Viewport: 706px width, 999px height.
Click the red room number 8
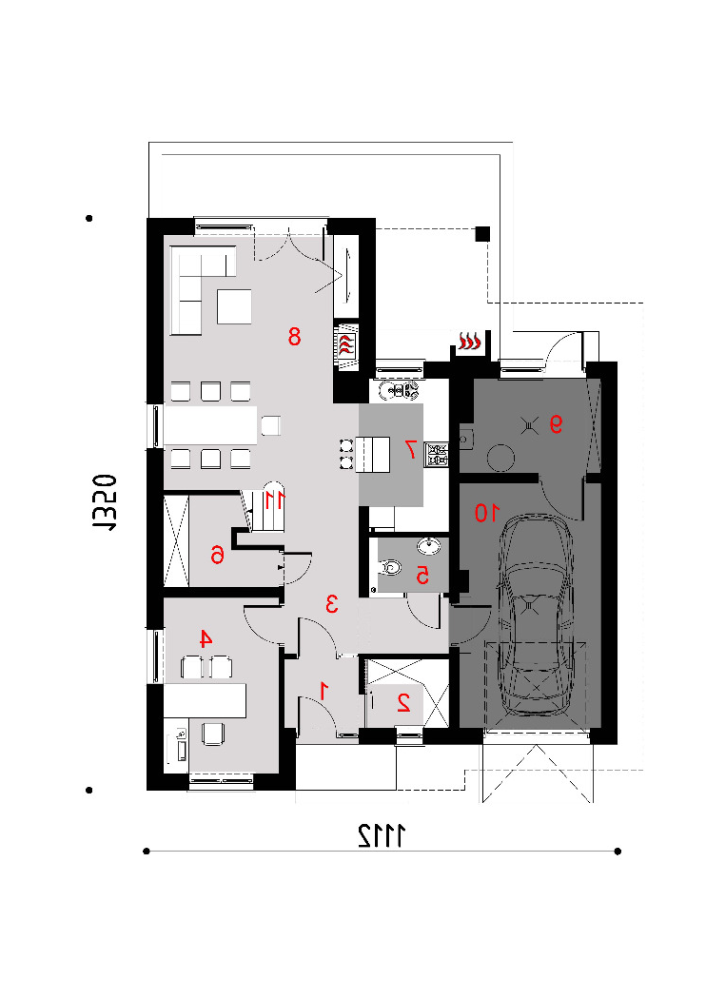point(294,336)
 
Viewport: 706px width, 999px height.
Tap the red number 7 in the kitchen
point(411,449)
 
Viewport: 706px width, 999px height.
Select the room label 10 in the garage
point(487,513)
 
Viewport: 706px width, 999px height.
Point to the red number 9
point(557,424)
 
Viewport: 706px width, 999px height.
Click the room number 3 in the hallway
point(331,603)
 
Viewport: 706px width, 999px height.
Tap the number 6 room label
point(217,555)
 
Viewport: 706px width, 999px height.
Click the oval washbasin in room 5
point(429,546)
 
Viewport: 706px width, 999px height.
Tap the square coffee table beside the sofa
point(234,307)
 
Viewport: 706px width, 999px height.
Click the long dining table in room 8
point(211,425)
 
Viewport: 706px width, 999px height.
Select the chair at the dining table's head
point(271,425)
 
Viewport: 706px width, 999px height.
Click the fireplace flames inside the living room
point(346,344)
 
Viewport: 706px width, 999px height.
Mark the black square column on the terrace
point(483,234)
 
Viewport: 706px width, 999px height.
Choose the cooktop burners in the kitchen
point(437,454)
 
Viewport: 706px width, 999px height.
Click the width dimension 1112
point(382,835)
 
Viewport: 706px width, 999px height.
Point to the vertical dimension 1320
point(105,502)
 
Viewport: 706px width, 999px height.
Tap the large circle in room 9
point(500,458)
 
